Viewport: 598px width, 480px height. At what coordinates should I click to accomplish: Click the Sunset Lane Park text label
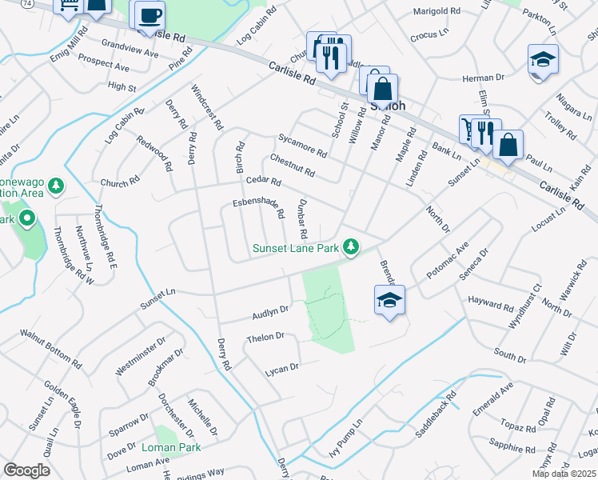tap(297, 248)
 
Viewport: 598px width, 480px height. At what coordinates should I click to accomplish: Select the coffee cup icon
tap(149, 15)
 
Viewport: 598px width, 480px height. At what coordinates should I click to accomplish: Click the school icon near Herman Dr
tap(543, 60)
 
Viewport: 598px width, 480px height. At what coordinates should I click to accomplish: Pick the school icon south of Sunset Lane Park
tap(389, 300)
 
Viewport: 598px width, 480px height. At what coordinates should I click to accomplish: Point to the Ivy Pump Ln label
tap(346, 438)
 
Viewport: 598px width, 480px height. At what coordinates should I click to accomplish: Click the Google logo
tap(26, 470)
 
